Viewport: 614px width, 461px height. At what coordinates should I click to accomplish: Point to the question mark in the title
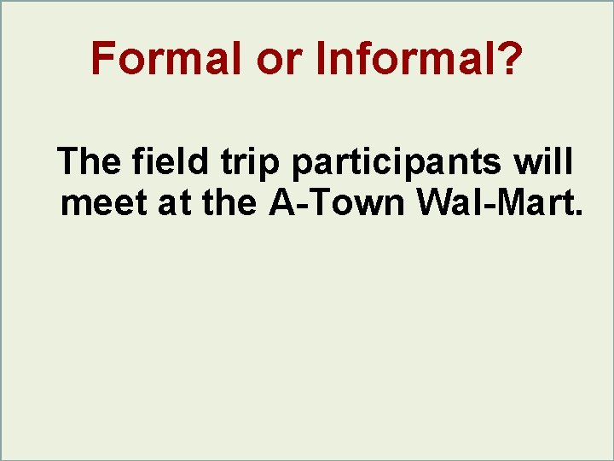click(x=505, y=59)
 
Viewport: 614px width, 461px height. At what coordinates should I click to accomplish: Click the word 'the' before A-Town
click(x=227, y=203)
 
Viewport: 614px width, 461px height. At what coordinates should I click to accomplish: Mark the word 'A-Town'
click(x=338, y=203)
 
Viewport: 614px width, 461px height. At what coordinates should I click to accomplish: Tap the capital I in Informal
click(x=321, y=59)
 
